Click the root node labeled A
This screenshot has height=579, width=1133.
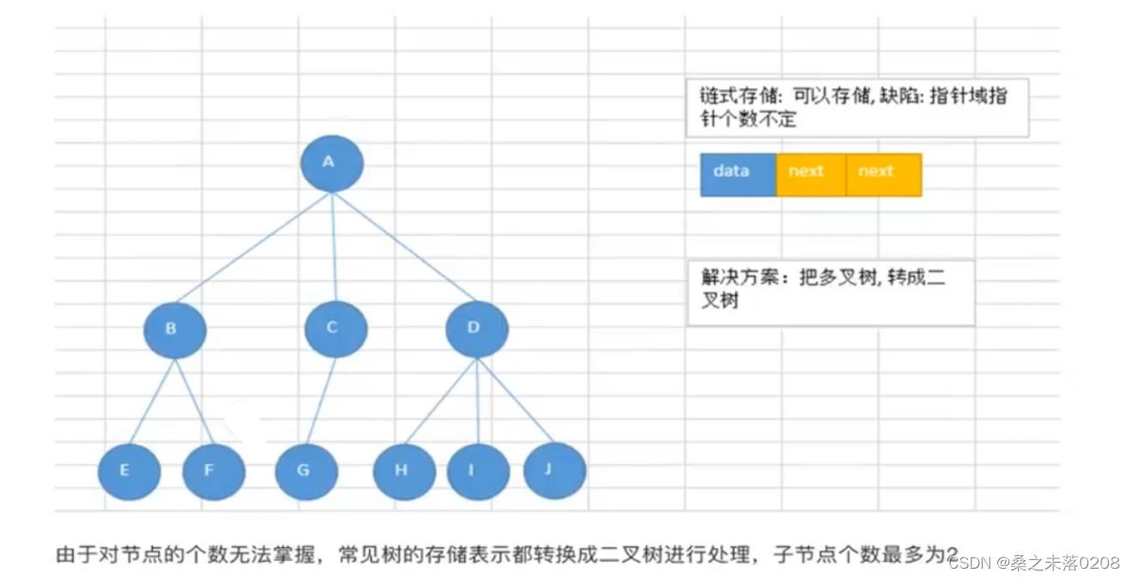(332, 163)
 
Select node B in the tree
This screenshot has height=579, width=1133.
(174, 329)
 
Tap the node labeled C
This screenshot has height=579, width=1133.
(336, 329)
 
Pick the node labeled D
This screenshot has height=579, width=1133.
(477, 329)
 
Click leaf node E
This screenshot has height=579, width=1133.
(129, 472)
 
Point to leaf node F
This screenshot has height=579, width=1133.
(214, 472)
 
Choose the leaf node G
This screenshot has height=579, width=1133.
(306, 472)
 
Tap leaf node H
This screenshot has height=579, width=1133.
(404, 472)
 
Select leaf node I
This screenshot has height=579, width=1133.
(478, 472)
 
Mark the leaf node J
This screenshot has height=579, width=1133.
(554, 471)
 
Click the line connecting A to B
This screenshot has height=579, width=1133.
(253, 247)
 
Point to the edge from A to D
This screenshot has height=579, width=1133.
(404, 247)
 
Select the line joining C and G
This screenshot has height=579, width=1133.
(321, 400)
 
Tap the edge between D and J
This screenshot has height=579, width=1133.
(515, 401)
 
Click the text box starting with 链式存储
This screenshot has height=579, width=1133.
(856, 107)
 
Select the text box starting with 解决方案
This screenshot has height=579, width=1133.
(830, 292)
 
